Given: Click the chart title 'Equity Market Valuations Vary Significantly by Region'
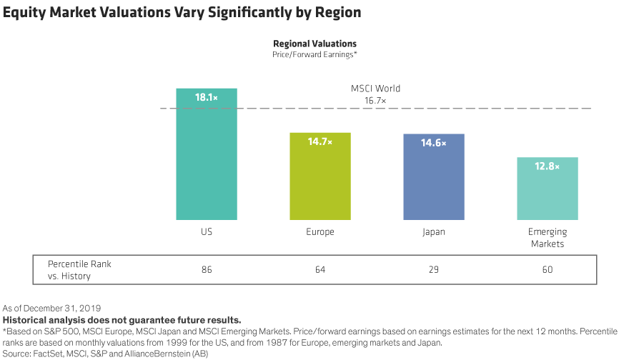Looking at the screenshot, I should point(182,13).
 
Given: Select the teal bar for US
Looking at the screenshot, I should point(207,164).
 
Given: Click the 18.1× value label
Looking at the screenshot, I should point(207,99).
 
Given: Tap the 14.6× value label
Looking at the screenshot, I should point(433,144).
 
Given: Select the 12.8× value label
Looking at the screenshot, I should point(548,167).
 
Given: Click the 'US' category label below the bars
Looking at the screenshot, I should point(207,232).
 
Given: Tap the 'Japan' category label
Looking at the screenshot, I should point(433,232).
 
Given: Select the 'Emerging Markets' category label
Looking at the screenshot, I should point(548,238).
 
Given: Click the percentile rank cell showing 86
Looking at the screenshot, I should point(207,270).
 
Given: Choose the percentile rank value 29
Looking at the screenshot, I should point(433,270).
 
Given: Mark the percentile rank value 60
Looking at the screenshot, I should point(548,270).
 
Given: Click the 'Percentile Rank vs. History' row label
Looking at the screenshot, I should point(79,269).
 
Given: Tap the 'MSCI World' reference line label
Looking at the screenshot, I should point(375,89).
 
